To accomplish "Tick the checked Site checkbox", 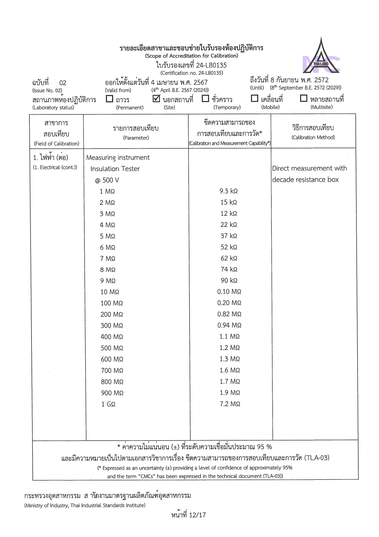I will tap(156, 99).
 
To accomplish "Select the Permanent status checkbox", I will tap(109, 99).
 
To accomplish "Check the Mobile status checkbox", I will tap(254, 98).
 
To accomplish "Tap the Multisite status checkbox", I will tap(304, 98).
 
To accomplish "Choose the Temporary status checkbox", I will tap(205, 99).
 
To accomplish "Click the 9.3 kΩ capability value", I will tap(229, 191).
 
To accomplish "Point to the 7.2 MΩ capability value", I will tap(230, 404).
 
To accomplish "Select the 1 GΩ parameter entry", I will tap(108, 404).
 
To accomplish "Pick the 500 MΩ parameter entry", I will tap(112, 348).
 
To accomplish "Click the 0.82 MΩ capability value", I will tap(229, 314).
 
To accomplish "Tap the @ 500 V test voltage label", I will tap(107, 180).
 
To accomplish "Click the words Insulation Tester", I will tap(115, 169).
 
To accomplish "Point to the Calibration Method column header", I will tap(313, 137).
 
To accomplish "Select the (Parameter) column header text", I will tap(136, 138).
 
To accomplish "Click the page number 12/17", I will tap(197, 515).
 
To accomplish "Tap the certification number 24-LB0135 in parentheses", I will tap(192, 73).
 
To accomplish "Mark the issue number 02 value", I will tap(63, 83).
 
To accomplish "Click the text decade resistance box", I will tap(305, 180).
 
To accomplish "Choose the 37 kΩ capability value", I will tap(229, 236).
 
